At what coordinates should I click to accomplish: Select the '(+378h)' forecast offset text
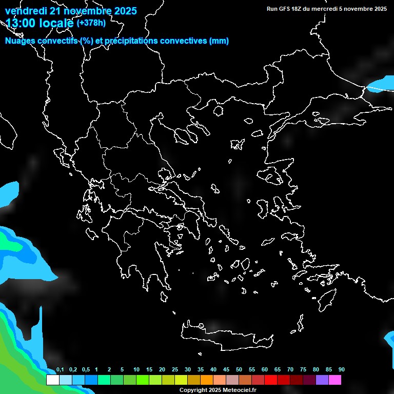pyautogui.click(x=91, y=23)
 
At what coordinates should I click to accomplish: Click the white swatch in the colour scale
pyautogui.click(x=52, y=380)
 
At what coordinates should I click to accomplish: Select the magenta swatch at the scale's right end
pyautogui.click(x=335, y=380)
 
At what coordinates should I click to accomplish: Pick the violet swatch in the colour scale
pyautogui.click(x=322, y=380)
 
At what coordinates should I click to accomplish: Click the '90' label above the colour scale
pyautogui.click(x=341, y=369)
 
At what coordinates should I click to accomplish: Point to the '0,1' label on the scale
pyautogui.click(x=60, y=369)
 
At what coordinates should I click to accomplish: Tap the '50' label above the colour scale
pyautogui.click(x=239, y=369)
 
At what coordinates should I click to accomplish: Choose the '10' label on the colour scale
pyautogui.click(x=136, y=369)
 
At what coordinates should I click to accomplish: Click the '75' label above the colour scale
pyautogui.click(x=303, y=369)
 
